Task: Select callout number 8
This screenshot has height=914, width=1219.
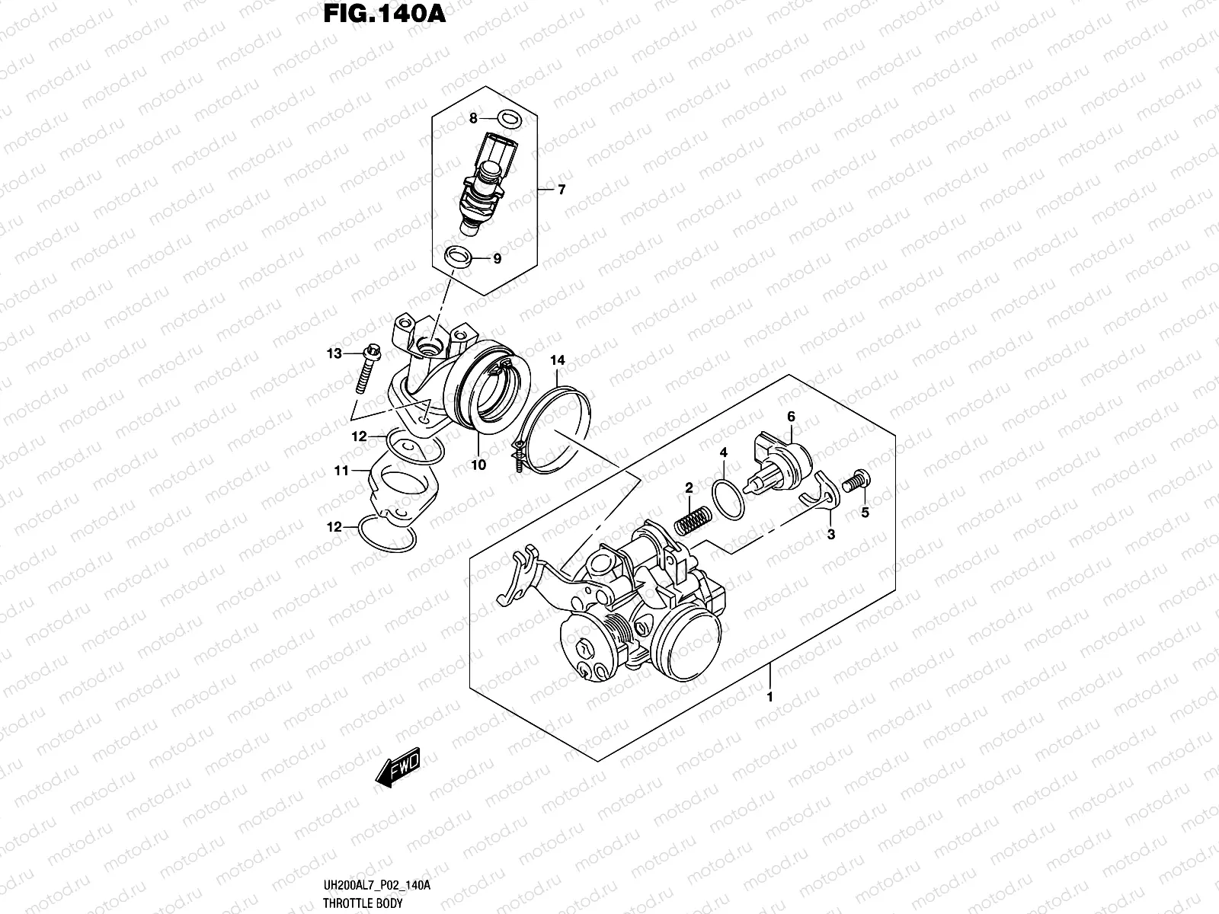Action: (472, 118)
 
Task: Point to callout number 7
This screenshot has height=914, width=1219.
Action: (562, 190)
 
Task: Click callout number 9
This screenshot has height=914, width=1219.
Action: (497, 259)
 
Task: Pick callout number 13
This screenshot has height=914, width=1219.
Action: (334, 353)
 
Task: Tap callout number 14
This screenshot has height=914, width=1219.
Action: (558, 360)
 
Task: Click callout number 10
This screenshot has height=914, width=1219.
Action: (478, 464)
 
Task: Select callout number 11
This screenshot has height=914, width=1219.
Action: (340, 471)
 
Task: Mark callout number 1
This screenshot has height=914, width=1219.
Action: (769, 696)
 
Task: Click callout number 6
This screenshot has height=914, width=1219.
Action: (791, 417)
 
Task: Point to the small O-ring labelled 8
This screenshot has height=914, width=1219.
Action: (509, 118)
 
